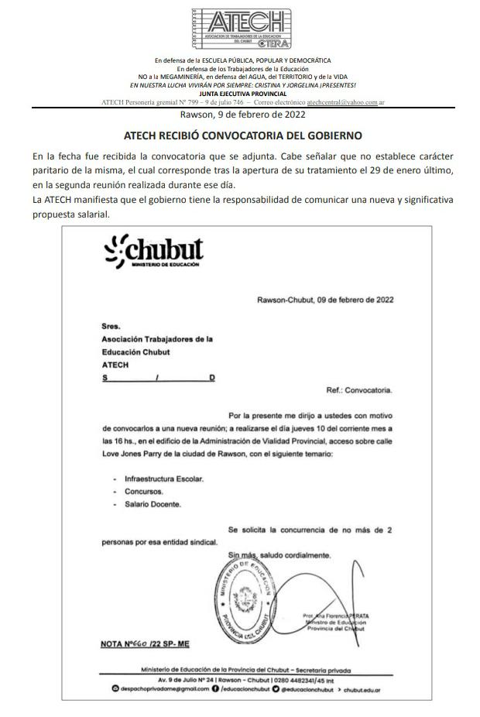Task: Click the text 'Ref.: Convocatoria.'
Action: tap(361, 390)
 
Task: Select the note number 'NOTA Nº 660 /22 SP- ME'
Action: tap(145, 643)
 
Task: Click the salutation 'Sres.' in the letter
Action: tap(111, 327)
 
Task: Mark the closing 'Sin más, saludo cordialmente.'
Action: tap(279, 555)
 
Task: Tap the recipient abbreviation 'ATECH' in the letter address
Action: tap(115, 364)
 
